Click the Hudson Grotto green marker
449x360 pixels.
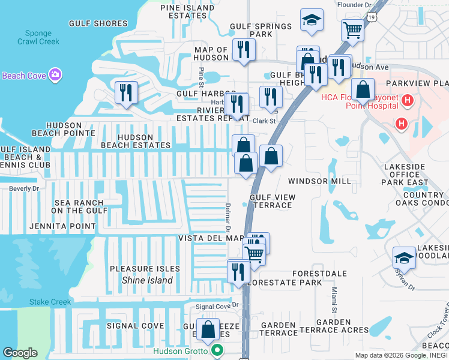point(218,352)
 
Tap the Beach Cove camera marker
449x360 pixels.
point(55,76)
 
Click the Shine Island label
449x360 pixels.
point(147,280)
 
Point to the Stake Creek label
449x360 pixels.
point(50,302)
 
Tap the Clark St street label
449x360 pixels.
point(264,121)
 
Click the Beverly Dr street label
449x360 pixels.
point(23,188)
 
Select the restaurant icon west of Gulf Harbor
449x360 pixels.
point(126,92)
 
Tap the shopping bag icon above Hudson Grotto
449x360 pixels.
point(208,329)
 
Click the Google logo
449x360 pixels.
point(20,353)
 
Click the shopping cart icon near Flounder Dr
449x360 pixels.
point(352,29)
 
